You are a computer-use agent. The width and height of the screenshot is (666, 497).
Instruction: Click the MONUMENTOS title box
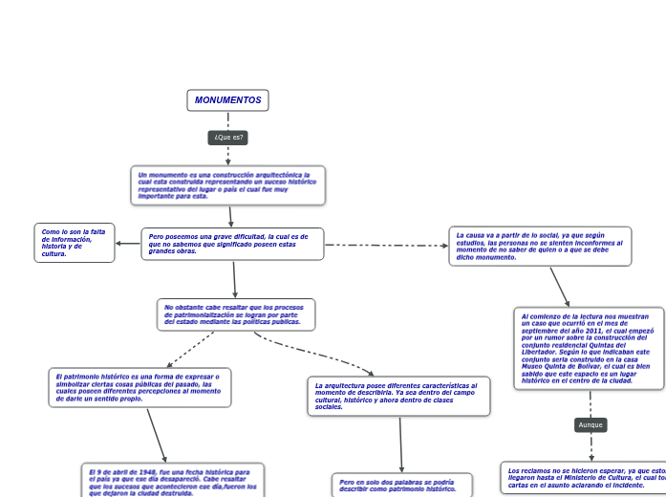click(x=227, y=100)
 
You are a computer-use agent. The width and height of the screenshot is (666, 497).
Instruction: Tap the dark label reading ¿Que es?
click(x=228, y=138)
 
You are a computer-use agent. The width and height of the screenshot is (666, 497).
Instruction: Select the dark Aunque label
click(x=591, y=424)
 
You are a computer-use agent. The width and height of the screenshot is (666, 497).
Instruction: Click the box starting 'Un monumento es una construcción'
click(x=227, y=185)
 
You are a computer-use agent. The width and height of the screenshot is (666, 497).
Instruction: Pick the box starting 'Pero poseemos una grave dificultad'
click(x=232, y=244)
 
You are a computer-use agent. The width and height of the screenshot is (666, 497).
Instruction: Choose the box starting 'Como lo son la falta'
click(x=75, y=242)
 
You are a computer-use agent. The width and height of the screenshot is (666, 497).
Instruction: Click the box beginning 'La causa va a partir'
click(x=540, y=246)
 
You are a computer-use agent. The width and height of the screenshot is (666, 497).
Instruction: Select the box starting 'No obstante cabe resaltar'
click(x=236, y=314)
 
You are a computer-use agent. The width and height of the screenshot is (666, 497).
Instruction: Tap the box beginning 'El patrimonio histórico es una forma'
click(x=140, y=387)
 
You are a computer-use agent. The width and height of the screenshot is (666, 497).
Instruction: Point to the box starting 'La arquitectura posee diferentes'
click(x=398, y=396)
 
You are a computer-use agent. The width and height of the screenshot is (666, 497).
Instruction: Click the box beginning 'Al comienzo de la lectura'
click(x=588, y=348)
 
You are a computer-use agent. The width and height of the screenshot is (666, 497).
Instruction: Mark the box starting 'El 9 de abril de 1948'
click(x=173, y=481)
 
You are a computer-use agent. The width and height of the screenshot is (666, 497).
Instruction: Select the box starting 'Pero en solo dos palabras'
click(x=401, y=486)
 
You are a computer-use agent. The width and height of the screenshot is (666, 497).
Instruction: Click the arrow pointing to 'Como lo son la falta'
click(x=128, y=243)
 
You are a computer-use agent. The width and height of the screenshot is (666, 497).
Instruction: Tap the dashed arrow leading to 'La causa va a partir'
click(x=387, y=246)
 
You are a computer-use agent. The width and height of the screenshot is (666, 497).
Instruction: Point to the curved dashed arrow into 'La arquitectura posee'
click(x=315, y=355)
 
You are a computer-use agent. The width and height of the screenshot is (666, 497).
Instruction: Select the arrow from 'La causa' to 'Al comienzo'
click(x=560, y=287)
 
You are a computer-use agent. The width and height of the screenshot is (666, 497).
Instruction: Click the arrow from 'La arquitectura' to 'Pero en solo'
click(x=401, y=444)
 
